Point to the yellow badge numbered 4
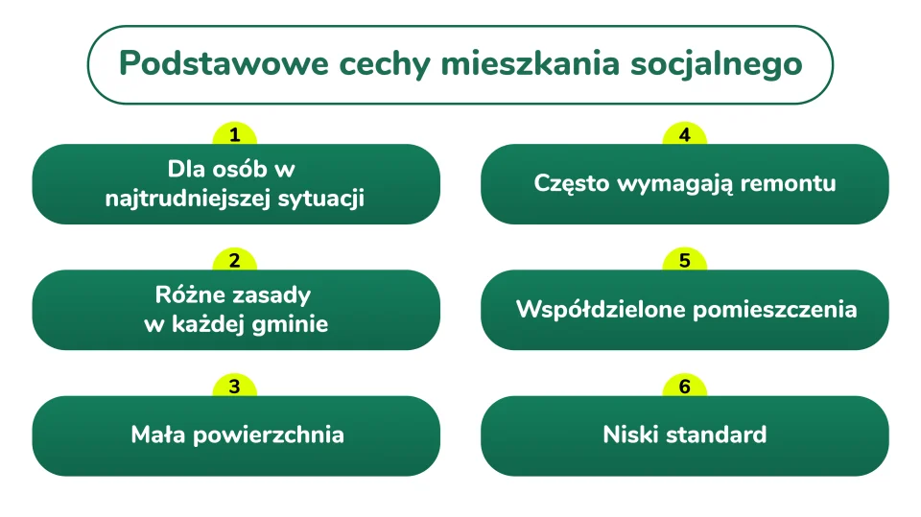pos(684,134)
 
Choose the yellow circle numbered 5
pos(684,260)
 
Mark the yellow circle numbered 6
pos(684,386)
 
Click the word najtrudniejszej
pos(188,200)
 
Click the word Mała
pos(158,435)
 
